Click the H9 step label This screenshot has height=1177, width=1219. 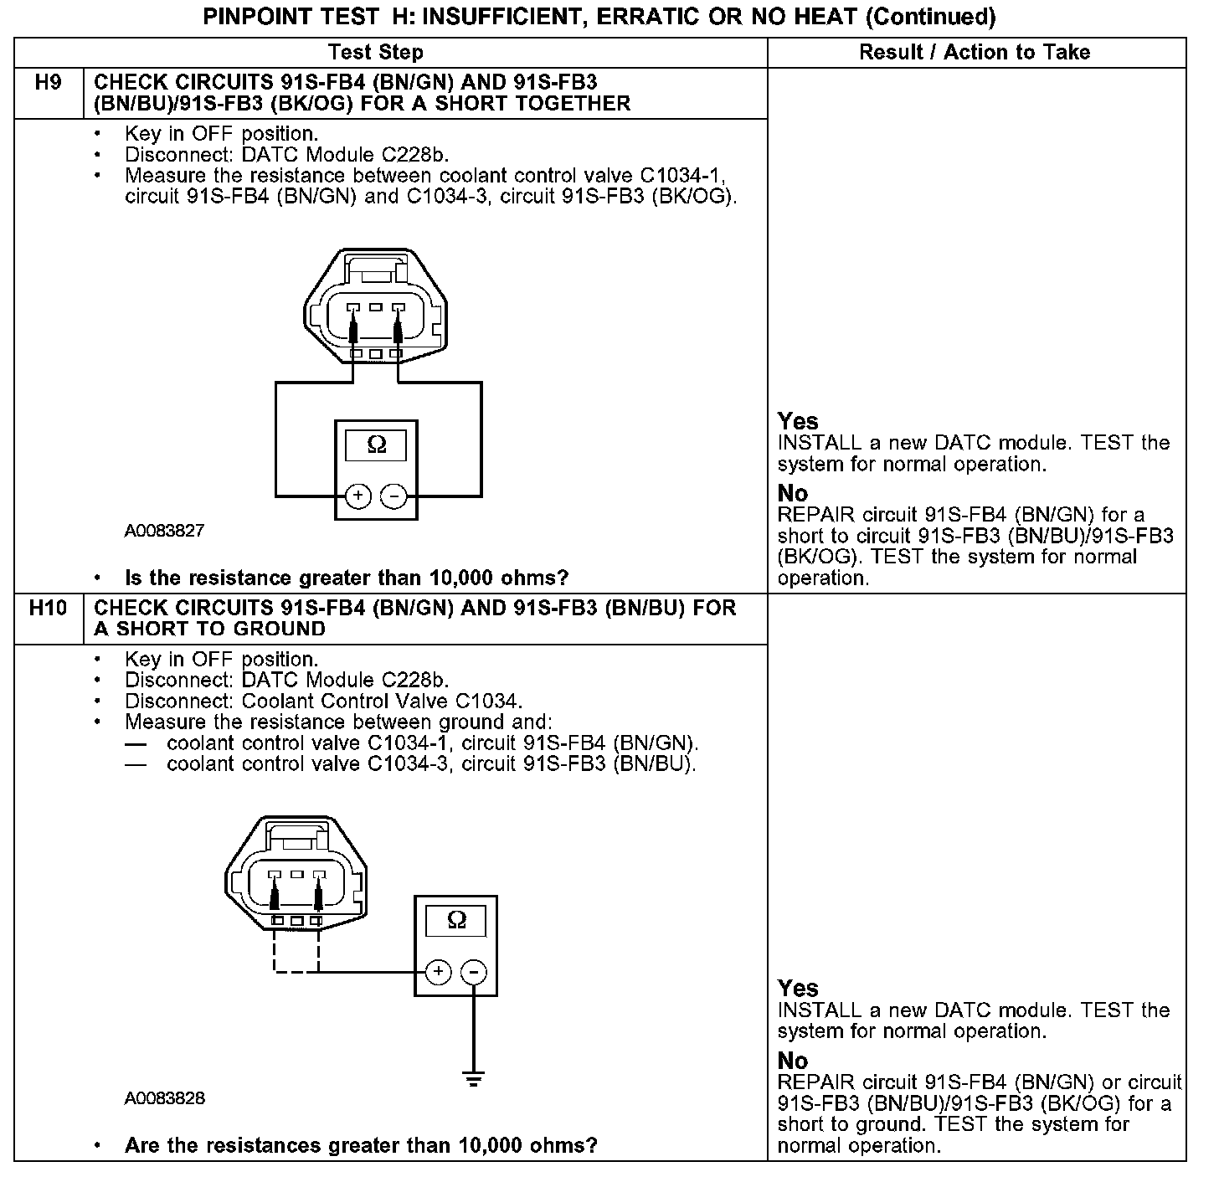(x=49, y=84)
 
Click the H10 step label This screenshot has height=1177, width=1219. (x=48, y=609)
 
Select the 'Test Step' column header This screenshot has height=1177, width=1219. (x=376, y=52)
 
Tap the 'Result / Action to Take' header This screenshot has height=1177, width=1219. (x=975, y=52)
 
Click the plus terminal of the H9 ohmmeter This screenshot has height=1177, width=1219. (x=357, y=496)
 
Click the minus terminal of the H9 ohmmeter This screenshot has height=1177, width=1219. (x=393, y=496)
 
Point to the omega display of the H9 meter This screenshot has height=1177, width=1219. (x=377, y=445)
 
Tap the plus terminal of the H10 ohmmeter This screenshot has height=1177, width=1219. (x=438, y=972)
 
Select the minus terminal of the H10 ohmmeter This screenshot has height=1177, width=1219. (x=474, y=972)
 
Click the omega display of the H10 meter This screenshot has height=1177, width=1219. (x=456, y=921)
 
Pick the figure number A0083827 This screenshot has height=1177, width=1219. (x=164, y=531)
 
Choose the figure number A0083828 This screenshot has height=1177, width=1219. (x=164, y=1098)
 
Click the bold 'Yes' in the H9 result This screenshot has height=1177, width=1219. (x=798, y=421)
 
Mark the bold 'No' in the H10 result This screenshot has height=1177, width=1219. (x=793, y=1061)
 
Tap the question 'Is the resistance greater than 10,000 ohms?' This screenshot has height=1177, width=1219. (x=347, y=578)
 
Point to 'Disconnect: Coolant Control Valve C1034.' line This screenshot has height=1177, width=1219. (x=323, y=701)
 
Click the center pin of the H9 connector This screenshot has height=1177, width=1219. (x=376, y=307)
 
